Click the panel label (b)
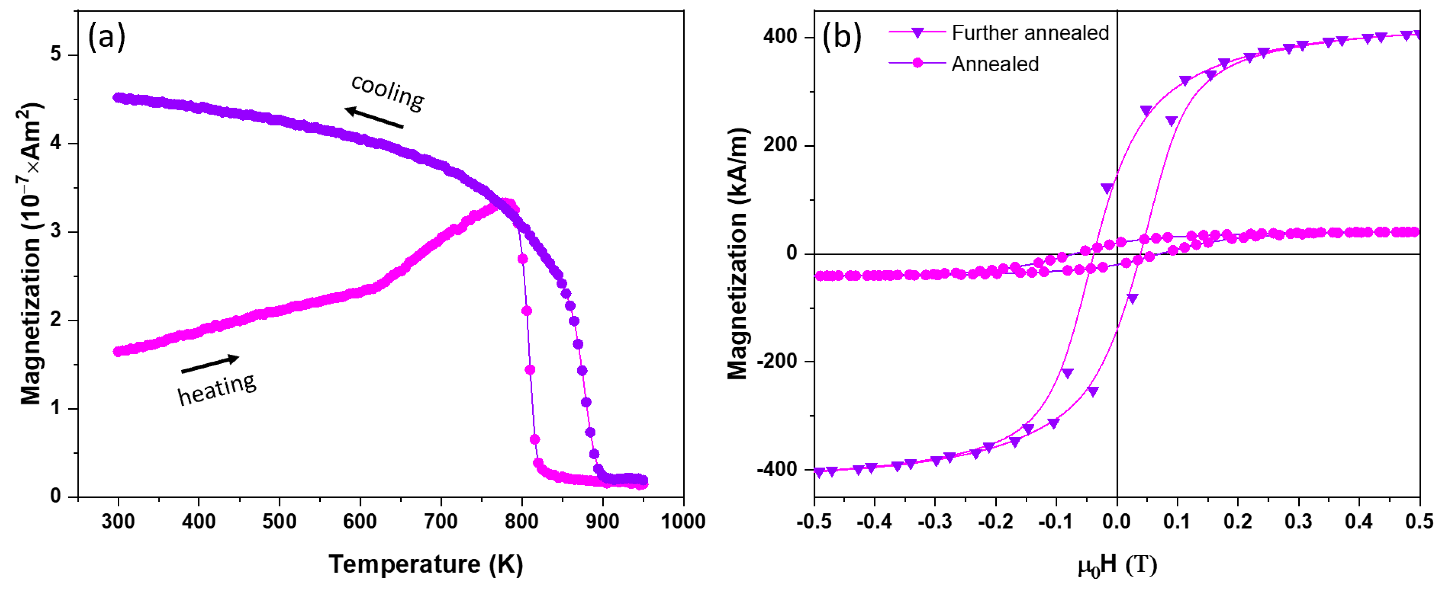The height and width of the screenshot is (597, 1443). (841, 37)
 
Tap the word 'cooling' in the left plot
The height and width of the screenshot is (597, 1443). (388, 93)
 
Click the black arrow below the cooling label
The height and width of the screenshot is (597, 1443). (374, 118)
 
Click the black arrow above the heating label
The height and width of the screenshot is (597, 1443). (210, 364)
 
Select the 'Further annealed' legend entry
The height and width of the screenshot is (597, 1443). (1030, 33)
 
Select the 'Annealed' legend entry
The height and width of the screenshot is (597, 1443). (994, 64)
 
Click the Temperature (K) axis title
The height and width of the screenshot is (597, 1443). (425, 564)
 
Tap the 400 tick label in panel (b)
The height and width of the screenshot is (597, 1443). (780, 37)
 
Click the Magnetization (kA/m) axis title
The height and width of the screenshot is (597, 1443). (737, 253)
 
